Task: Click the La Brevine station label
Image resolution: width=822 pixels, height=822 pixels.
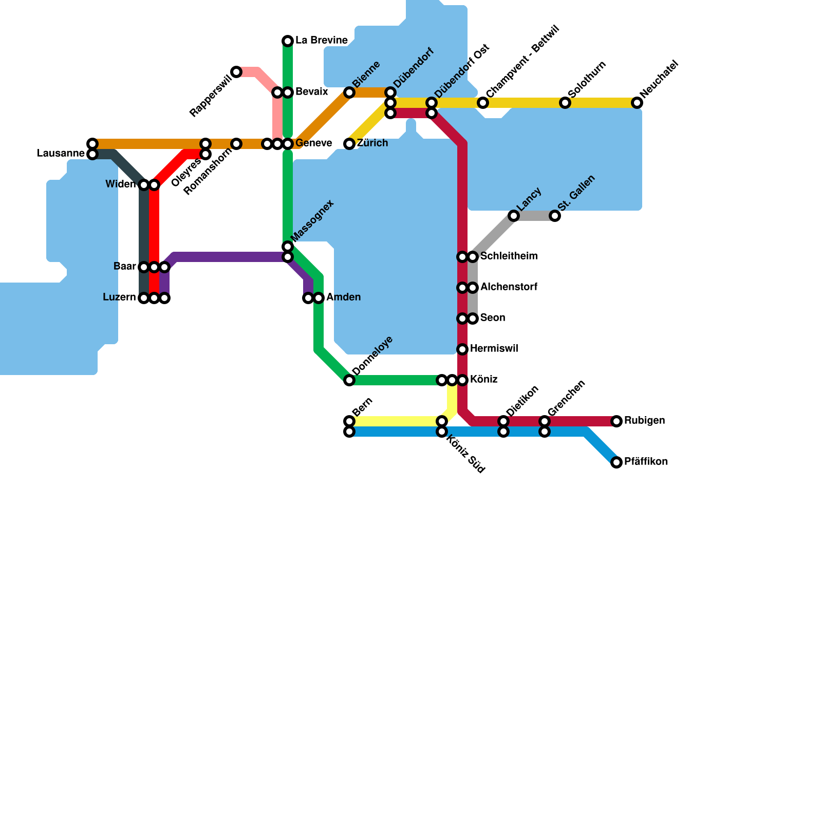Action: click(x=322, y=41)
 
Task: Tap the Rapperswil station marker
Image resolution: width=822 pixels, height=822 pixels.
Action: click(x=236, y=72)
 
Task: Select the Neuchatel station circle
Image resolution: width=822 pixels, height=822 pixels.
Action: click(x=637, y=103)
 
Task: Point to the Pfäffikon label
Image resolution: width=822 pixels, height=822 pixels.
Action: click(x=646, y=462)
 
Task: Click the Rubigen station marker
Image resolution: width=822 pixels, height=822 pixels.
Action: click(x=616, y=421)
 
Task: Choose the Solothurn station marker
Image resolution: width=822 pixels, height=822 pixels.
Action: click(x=565, y=103)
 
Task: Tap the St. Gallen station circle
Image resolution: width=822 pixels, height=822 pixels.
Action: click(x=555, y=216)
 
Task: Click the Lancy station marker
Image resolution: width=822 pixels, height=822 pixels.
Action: click(x=514, y=216)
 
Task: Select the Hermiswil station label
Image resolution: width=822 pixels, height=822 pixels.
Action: click(x=494, y=349)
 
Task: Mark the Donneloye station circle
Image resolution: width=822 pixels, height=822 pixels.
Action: click(x=349, y=380)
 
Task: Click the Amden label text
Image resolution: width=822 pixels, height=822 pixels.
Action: click(x=343, y=297)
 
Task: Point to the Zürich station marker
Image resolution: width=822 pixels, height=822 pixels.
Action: click(x=349, y=144)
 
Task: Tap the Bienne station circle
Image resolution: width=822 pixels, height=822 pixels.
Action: click(x=349, y=92)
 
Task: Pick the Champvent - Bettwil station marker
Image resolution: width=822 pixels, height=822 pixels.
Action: click(x=483, y=103)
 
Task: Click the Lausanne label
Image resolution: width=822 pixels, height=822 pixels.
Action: click(x=61, y=154)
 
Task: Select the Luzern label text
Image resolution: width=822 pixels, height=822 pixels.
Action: click(x=119, y=297)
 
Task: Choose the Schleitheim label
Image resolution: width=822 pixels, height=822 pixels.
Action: click(x=509, y=256)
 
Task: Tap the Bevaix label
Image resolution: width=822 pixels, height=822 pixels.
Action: click(x=311, y=92)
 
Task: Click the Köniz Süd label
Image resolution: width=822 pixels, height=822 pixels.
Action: click(x=465, y=454)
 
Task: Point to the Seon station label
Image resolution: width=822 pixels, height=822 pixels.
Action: click(x=493, y=318)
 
